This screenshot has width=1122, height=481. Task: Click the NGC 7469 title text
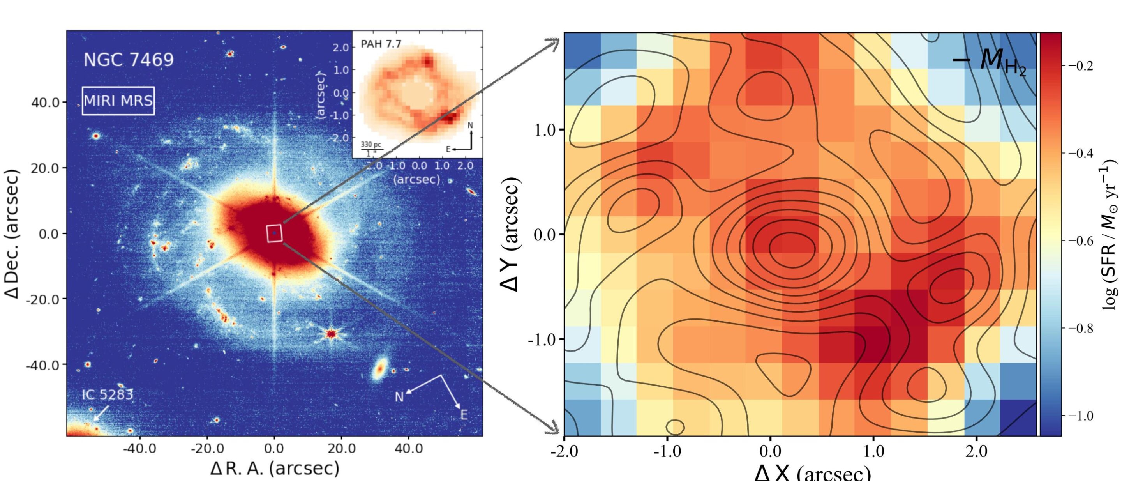(x=129, y=60)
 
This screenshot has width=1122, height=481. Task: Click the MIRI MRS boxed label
(x=118, y=101)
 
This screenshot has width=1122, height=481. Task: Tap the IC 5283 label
(x=108, y=395)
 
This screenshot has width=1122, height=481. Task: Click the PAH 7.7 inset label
(x=381, y=44)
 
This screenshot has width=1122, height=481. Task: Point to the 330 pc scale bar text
(x=370, y=144)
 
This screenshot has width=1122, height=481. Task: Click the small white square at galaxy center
(x=274, y=233)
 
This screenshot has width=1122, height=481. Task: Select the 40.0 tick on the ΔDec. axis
(x=48, y=103)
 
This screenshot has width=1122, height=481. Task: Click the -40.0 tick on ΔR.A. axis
(x=139, y=448)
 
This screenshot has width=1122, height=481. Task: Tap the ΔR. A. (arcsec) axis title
(x=274, y=469)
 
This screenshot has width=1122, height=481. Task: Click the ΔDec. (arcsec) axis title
(x=13, y=233)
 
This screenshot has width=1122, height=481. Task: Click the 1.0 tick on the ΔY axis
(x=545, y=130)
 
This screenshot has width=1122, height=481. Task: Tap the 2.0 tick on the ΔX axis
(x=977, y=451)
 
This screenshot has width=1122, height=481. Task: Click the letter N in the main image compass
(x=399, y=397)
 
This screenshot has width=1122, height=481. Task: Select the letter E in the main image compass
(x=464, y=415)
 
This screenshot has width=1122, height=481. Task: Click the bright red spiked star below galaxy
(x=332, y=334)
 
